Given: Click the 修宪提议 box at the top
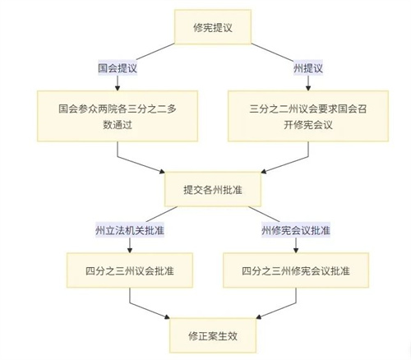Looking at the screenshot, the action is pyautogui.click(x=213, y=27).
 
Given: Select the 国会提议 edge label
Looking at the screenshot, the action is pyautogui.click(x=118, y=68).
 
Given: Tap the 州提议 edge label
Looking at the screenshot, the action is pyautogui.click(x=308, y=68).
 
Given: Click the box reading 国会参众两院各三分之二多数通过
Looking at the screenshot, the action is pyautogui.click(x=118, y=116).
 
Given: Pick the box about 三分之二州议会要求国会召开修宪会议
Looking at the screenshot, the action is pyautogui.click(x=308, y=116).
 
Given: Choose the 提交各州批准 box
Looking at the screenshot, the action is pyautogui.click(x=213, y=189).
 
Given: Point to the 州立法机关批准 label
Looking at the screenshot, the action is pyautogui.click(x=130, y=230).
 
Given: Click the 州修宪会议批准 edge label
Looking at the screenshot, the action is pyautogui.click(x=296, y=230).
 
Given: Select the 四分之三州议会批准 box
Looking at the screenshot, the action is pyautogui.click(x=130, y=270).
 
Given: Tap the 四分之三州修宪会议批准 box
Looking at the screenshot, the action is pyautogui.click(x=296, y=270).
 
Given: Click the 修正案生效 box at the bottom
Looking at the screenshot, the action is pyautogui.click(x=213, y=335).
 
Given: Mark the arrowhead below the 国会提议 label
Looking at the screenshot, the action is pyautogui.click(x=118, y=88).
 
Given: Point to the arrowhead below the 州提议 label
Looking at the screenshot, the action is pyautogui.click(x=308, y=88).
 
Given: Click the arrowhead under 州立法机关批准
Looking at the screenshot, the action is pyautogui.click(x=130, y=250).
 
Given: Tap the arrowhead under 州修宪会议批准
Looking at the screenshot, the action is pyautogui.click(x=296, y=250).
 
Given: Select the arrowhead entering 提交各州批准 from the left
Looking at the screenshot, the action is pyautogui.click(x=162, y=172).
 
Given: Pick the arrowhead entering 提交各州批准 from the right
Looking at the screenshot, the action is pyautogui.click(x=264, y=172).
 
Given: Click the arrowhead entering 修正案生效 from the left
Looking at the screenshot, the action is pyautogui.click(x=167, y=317).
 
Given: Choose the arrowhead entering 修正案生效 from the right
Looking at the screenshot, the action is pyautogui.click(x=259, y=317).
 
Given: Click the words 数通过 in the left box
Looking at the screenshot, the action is pyautogui.click(x=118, y=125).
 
